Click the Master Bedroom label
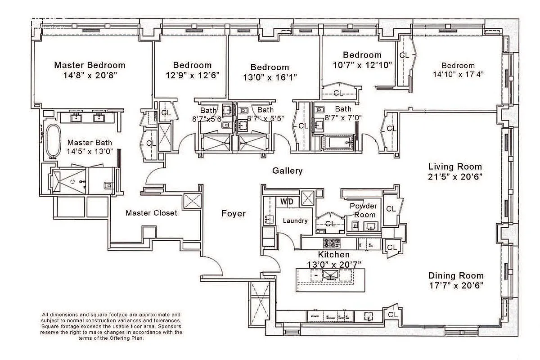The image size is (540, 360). point(90,65)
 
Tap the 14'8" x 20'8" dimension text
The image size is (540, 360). point(90,75)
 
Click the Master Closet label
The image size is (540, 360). point(151,213)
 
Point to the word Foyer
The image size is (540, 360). point(233,213)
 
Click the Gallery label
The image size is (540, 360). point(287,171)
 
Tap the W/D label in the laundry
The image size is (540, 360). point(287,202)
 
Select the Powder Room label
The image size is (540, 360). point(364,210)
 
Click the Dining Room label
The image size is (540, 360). point(455,276)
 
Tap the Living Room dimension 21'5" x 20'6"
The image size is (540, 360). point(455,177)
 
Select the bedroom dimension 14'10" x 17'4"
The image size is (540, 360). point(458,74)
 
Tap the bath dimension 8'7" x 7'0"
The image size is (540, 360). point(343,117)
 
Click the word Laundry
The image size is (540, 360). point(295,220)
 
